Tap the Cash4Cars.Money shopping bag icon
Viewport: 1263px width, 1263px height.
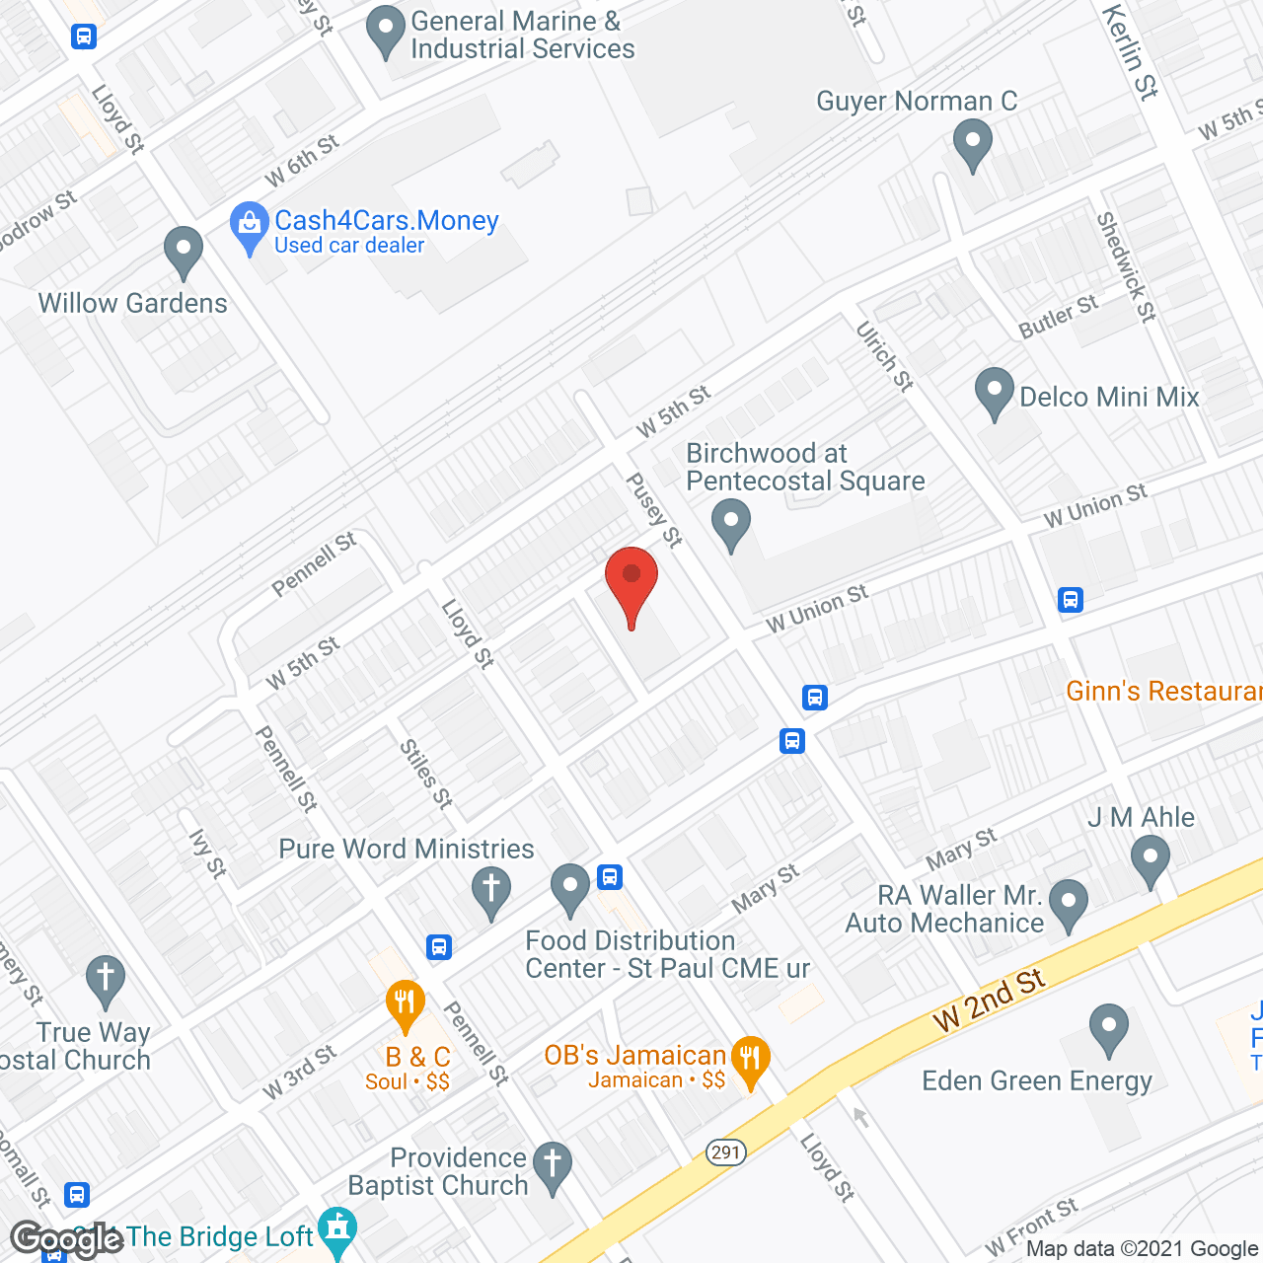coord(249,228)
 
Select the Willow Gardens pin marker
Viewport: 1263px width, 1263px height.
coord(183,252)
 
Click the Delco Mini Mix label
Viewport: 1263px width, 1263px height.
coord(1109,397)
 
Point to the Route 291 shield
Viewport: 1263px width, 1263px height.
coord(725,1152)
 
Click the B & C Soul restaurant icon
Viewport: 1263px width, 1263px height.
coord(405,1005)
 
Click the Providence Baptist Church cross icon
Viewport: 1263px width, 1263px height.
coord(553,1166)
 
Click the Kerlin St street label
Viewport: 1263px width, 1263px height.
coord(1130,51)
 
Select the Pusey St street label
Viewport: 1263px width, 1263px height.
coord(654,509)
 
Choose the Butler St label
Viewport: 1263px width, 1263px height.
coord(1058,317)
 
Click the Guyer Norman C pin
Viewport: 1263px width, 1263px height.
coord(973,144)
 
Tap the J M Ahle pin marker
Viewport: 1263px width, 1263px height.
coord(1150,859)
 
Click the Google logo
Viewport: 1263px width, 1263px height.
coord(66,1239)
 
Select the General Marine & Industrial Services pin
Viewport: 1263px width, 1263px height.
coord(385,32)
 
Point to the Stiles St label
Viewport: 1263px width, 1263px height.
coord(426,775)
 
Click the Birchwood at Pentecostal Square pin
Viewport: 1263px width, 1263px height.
coord(731,524)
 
